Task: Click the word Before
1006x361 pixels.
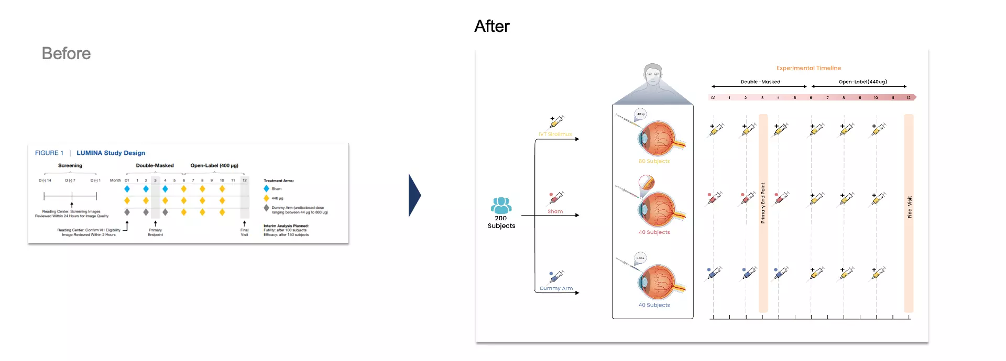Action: pos(66,53)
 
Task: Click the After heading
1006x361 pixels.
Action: pos(491,26)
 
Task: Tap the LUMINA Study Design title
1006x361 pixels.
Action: pos(111,153)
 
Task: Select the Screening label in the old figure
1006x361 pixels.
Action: pos(70,165)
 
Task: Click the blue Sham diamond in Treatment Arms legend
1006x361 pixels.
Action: pos(267,188)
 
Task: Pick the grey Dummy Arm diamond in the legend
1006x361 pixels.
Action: pos(267,208)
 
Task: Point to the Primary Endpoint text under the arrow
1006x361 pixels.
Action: pos(155,232)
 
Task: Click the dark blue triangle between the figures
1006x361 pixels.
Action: pos(414,195)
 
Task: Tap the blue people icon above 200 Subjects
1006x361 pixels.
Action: pos(501,205)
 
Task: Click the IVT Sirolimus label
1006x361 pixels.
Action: pos(555,134)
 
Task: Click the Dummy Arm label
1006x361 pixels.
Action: pos(556,288)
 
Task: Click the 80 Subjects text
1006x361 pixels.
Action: pos(654,161)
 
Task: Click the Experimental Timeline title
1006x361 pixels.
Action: pos(808,68)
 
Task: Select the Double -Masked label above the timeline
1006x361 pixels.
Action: pos(760,82)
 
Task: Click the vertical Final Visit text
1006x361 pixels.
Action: pos(910,207)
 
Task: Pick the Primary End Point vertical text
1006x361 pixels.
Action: pos(763,203)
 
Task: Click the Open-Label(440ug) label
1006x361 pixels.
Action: pos(862,82)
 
